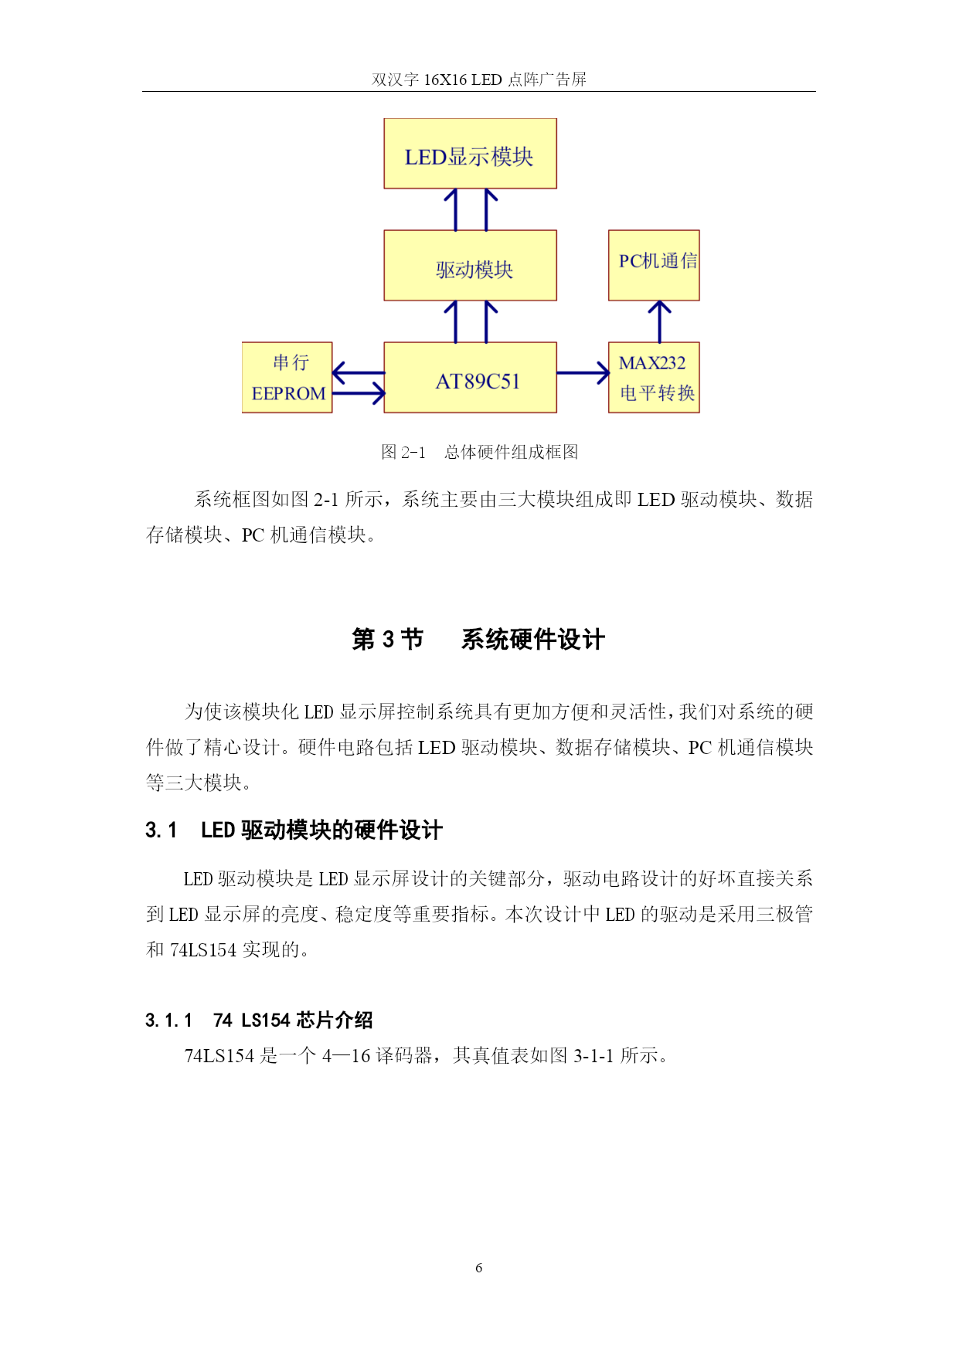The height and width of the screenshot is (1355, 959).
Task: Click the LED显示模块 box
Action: click(470, 154)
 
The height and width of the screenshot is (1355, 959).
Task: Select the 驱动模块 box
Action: click(470, 266)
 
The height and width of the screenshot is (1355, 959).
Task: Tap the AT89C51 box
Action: click(470, 378)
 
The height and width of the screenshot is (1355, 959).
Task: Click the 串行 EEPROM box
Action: click(287, 378)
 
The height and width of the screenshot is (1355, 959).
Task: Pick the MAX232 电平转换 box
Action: click(654, 378)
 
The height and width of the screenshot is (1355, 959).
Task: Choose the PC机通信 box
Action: click(654, 266)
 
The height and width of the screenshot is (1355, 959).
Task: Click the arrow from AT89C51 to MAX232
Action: click(583, 373)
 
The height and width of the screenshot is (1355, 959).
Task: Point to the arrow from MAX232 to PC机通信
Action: click(659, 321)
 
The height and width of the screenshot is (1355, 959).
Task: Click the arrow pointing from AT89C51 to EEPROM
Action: click(359, 373)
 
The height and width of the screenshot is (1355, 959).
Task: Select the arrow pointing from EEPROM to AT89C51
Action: click(359, 394)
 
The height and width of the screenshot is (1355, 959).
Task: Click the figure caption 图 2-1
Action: click(403, 452)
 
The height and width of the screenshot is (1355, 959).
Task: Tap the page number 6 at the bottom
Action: click(479, 1268)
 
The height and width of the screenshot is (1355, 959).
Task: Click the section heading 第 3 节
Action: click(387, 640)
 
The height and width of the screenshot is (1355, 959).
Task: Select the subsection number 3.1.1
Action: click(168, 1020)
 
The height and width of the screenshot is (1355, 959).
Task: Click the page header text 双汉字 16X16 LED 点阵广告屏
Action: click(479, 80)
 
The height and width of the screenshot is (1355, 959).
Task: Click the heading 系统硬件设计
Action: click(532, 640)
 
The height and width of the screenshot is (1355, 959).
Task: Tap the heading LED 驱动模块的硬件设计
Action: click(321, 830)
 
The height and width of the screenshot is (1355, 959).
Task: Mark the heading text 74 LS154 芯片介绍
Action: click(293, 1020)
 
